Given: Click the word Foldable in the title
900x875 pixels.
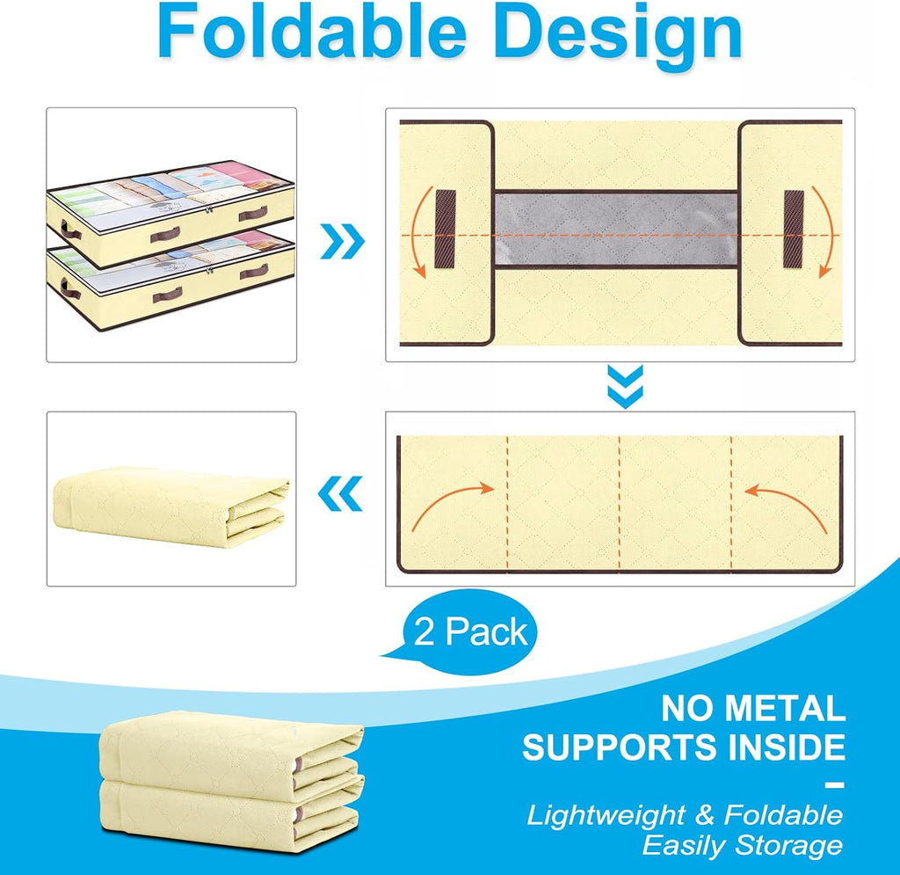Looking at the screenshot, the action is pyautogui.click(x=312, y=33).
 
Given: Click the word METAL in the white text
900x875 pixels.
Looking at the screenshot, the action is pyautogui.click(x=785, y=708).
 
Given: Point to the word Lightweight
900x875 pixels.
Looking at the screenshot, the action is pyautogui.click(x=606, y=816).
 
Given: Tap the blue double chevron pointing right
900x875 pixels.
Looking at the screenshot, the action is pyautogui.click(x=342, y=241).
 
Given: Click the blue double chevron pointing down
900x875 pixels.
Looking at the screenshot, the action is pyautogui.click(x=625, y=387).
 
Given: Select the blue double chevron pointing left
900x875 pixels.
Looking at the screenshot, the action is pyautogui.click(x=340, y=493).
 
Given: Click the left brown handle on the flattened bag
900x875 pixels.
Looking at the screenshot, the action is pyautogui.click(x=446, y=229).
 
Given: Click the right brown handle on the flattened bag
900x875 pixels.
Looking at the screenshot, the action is pyautogui.click(x=794, y=229).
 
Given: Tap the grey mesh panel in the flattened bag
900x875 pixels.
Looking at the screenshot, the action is pyautogui.click(x=616, y=228).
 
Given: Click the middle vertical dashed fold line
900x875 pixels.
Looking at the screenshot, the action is pyautogui.click(x=620, y=504).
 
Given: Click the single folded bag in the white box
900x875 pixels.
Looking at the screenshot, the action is pyautogui.click(x=171, y=506).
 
